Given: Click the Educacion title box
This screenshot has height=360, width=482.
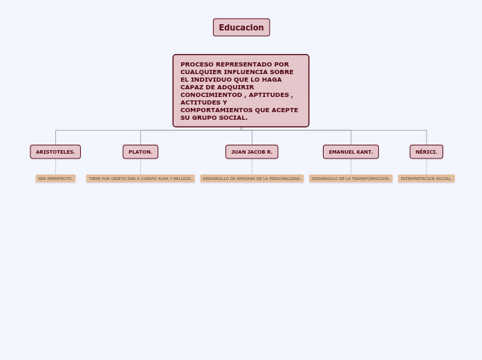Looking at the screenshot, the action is [x=241, y=28].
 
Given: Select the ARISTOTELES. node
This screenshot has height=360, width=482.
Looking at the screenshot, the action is [x=55, y=152].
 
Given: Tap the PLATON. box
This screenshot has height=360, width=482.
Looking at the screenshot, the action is [x=140, y=152].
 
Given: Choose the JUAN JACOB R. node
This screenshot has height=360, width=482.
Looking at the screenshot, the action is [x=252, y=152].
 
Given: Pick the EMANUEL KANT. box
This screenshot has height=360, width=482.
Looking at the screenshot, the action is [x=351, y=152].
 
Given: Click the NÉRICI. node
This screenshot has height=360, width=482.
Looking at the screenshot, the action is [x=426, y=152].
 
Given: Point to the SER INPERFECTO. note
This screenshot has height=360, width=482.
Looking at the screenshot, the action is [x=55, y=179].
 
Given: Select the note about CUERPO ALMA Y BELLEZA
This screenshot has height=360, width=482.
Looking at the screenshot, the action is [x=140, y=179].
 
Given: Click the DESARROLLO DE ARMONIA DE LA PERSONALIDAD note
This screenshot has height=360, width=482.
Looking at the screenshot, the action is [x=252, y=179].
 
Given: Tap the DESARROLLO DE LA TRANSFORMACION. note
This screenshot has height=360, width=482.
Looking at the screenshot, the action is [x=351, y=179].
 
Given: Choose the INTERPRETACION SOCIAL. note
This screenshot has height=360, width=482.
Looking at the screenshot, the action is [x=426, y=179].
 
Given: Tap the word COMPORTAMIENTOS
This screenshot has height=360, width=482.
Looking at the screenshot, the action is [x=216, y=110].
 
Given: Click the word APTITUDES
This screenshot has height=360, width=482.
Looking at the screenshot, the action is [x=268, y=95].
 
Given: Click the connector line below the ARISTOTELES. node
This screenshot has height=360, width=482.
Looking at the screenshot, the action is [x=55, y=167].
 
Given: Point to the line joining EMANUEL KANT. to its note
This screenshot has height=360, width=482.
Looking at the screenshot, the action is [x=351, y=167].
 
